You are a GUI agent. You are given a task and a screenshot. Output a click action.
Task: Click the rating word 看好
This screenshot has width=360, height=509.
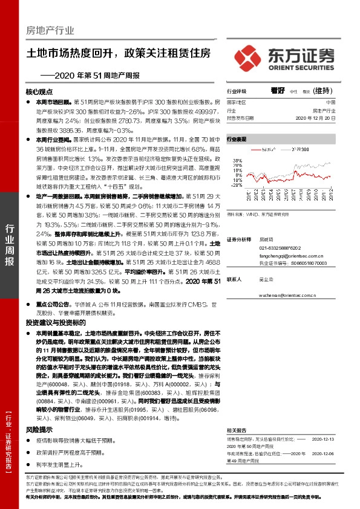(x=278, y=91)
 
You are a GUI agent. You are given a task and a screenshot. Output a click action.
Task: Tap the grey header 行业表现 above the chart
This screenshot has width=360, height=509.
(x=237, y=139)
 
